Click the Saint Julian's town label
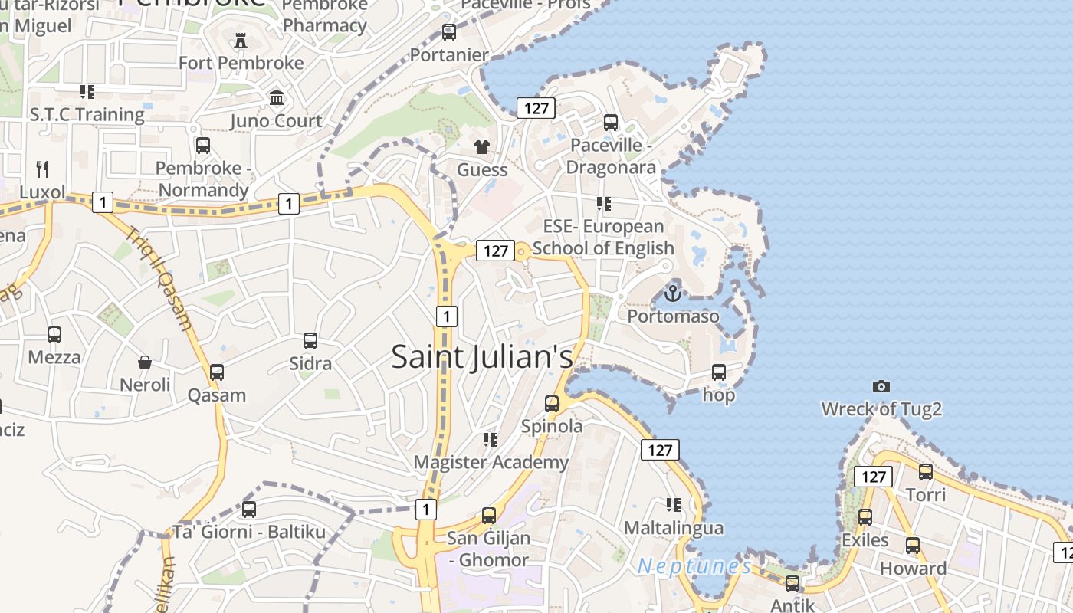(x=482, y=357)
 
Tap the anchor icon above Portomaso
(x=672, y=293)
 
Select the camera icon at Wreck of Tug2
(x=881, y=387)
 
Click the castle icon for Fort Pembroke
(x=241, y=40)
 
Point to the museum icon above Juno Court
(x=277, y=98)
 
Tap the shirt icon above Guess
(x=482, y=147)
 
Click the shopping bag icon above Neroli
(x=145, y=362)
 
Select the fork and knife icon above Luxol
(x=42, y=169)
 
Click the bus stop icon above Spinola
(x=552, y=404)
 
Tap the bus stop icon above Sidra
(x=310, y=341)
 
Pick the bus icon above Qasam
(x=217, y=372)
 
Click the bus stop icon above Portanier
(x=449, y=32)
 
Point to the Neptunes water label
(x=694, y=566)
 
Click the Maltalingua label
(x=674, y=528)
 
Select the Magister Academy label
(x=491, y=462)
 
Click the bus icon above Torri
(x=926, y=472)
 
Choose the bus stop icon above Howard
(x=913, y=546)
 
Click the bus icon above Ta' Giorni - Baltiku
(x=249, y=510)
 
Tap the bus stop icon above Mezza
(x=54, y=335)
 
